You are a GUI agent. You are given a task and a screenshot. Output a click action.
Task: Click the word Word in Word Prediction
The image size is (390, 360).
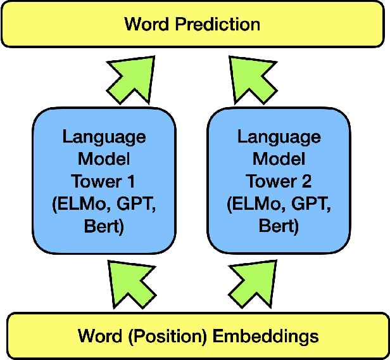point(146,25)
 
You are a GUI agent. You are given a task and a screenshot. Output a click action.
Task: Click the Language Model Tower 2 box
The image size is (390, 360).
point(279,181)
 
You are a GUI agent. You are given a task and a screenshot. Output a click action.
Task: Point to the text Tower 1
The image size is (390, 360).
point(103,182)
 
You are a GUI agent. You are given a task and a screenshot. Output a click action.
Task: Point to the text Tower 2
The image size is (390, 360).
point(279,182)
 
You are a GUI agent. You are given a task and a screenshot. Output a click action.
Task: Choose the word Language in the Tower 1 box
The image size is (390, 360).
point(103,137)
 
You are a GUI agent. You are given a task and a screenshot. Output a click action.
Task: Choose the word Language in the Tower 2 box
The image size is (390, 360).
point(279,137)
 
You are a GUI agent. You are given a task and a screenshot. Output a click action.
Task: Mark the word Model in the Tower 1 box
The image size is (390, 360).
point(103,159)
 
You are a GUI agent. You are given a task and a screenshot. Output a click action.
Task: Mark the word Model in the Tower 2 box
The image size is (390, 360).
point(279,159)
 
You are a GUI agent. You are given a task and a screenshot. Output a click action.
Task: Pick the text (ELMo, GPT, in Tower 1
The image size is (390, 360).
point(103,205)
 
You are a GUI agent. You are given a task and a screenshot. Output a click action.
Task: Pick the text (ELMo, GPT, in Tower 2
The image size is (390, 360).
point(279,205)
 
